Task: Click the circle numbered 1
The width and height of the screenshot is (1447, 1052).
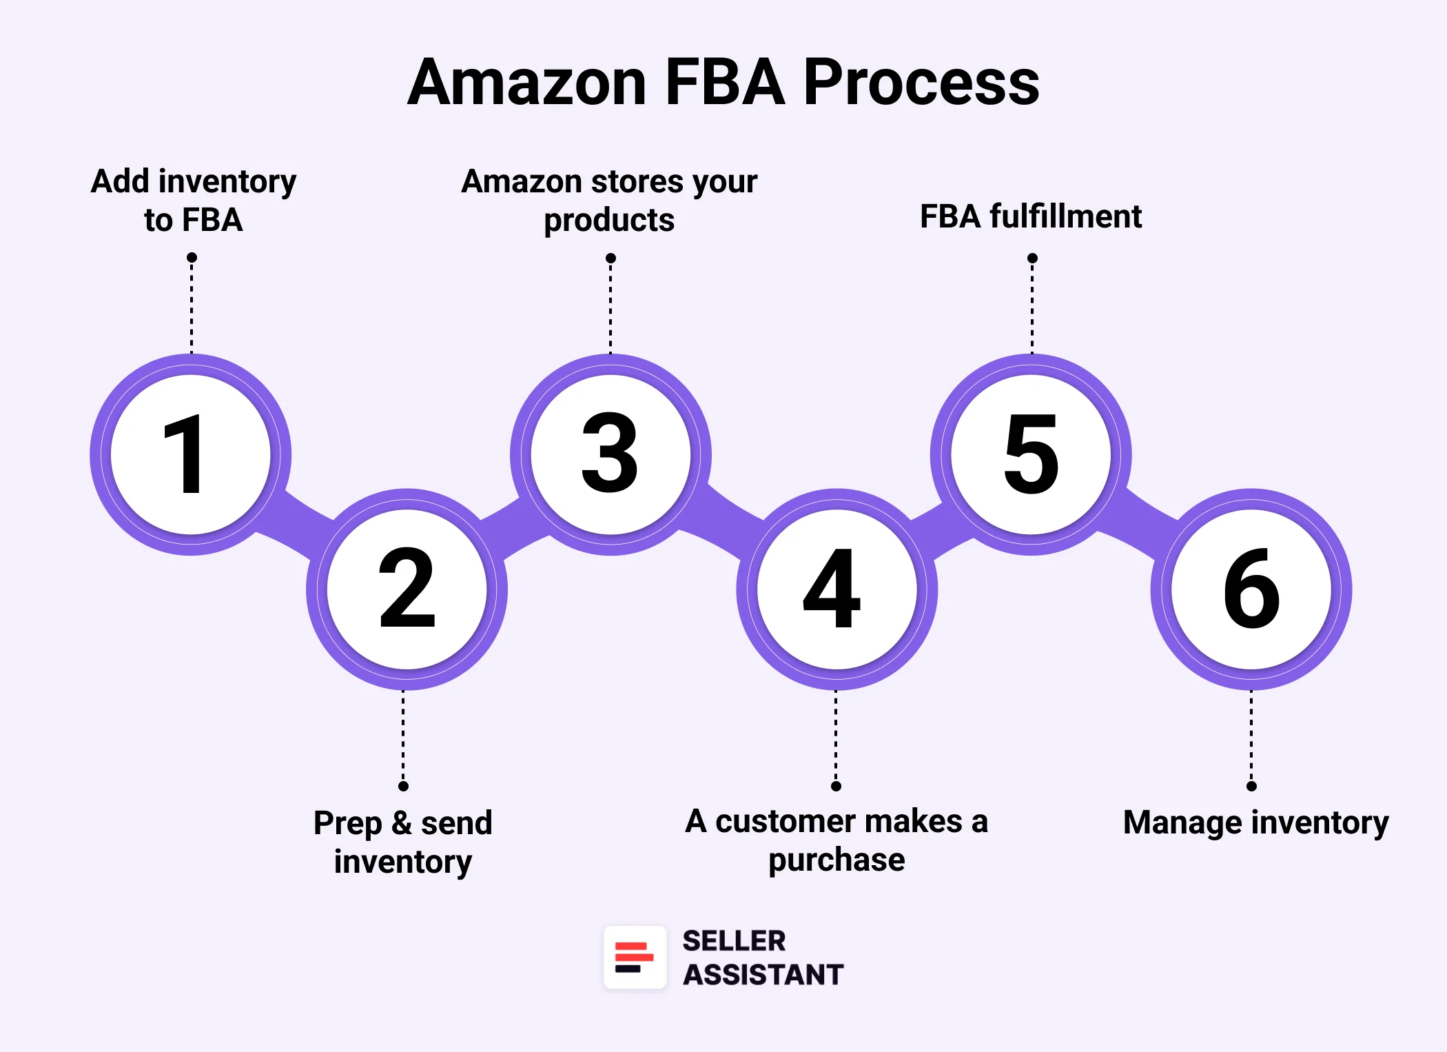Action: (x=191, y=454)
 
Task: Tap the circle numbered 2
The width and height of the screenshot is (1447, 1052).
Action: (x=407, y=589)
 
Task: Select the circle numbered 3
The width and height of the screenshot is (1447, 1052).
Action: (x=610, y=454)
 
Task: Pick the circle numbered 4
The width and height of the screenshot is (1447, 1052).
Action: (x=837, y=589)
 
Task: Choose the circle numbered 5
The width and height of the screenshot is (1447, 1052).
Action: (x=1031, y=454)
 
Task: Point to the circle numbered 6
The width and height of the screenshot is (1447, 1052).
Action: (x=1251, y=589)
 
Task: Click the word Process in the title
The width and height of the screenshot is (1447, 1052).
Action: (x=921, y=83)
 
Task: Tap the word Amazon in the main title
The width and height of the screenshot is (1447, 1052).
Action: (x=527, y=83)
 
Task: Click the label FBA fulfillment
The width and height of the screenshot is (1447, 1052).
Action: (x=1031, y=216)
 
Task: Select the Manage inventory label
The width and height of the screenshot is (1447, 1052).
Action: (x=1255, y=822)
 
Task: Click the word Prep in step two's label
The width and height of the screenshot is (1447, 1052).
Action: (x=347, y=824)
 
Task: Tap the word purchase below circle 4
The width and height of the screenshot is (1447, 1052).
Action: (x=837, y=860)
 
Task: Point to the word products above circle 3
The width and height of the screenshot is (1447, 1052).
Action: (x=609, y=221)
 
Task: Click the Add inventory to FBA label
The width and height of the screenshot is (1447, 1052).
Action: (x=194, y=200)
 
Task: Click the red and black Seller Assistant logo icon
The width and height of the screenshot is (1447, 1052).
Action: (x=635, y=958)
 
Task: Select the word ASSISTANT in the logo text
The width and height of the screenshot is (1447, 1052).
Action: (x=763, y=975)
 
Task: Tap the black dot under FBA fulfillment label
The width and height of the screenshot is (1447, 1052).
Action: (x=1032, y=259)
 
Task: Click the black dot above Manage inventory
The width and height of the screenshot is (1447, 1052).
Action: (x=1251, y=786)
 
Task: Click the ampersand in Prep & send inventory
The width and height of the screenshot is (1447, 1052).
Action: (x=402, y=823)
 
